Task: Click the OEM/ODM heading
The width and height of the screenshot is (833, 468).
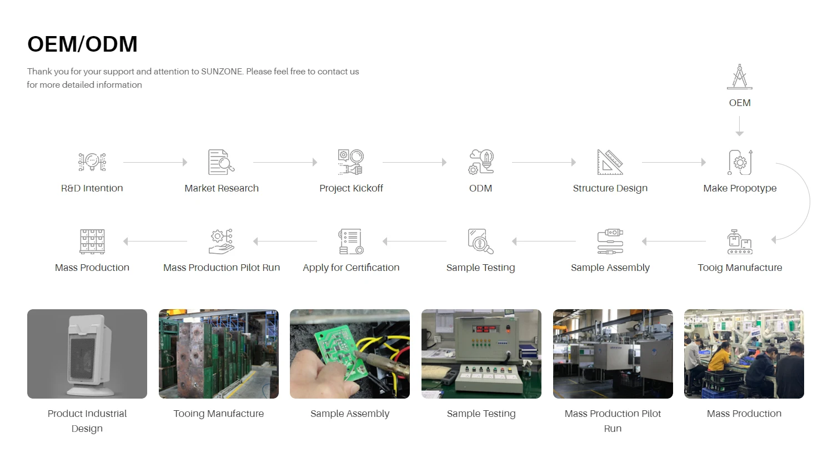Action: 82,44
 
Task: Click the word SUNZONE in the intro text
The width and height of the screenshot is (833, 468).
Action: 222,72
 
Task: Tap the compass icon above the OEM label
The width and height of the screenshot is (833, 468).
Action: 740,77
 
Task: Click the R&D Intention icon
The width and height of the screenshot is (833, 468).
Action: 92,162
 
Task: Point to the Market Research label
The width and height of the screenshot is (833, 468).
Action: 222,188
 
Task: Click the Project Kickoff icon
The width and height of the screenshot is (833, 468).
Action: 350,162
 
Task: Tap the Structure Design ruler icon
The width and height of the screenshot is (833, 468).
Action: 610,162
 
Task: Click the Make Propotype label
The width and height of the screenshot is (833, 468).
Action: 740,188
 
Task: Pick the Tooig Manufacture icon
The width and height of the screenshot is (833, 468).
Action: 740,241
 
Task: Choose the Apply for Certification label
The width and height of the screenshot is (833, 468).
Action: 351,268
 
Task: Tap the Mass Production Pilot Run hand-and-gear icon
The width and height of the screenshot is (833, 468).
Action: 222,241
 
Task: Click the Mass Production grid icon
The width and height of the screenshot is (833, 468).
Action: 92,241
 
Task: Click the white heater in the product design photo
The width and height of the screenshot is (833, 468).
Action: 89,354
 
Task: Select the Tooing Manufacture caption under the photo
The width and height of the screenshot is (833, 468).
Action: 218,414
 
